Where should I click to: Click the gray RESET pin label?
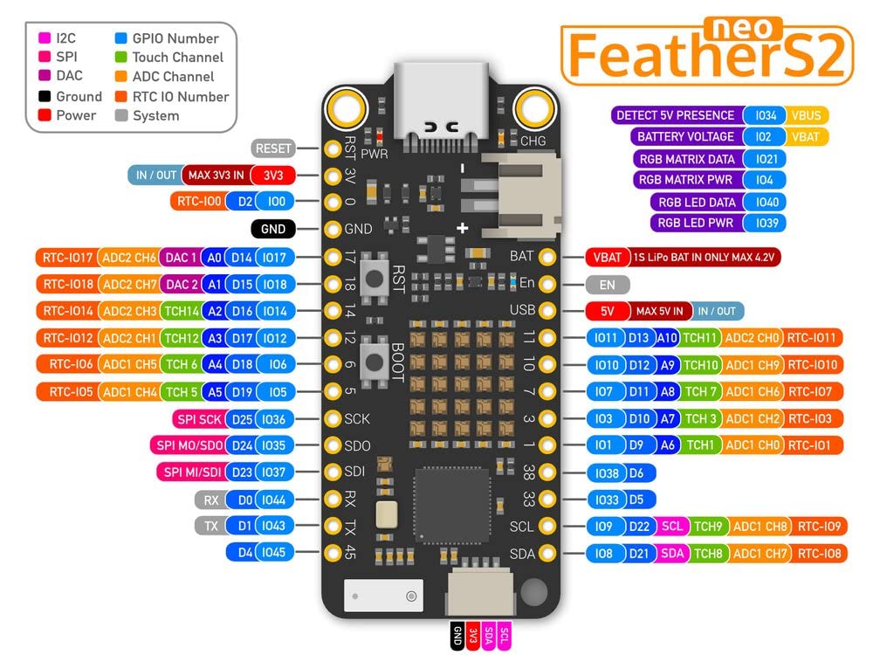[272, 148]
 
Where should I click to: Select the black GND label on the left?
[272, 230]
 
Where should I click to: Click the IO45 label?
[273, 552]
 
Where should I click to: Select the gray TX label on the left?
[210, 526]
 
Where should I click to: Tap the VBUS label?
[807, 115]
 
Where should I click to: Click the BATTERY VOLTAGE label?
[685, 137]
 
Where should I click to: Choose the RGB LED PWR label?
[697, 223]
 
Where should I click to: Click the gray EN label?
[608, 285]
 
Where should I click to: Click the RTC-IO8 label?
[819, 553]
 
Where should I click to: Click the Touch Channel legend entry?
[177, 57]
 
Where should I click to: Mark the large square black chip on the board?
[451, 507]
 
